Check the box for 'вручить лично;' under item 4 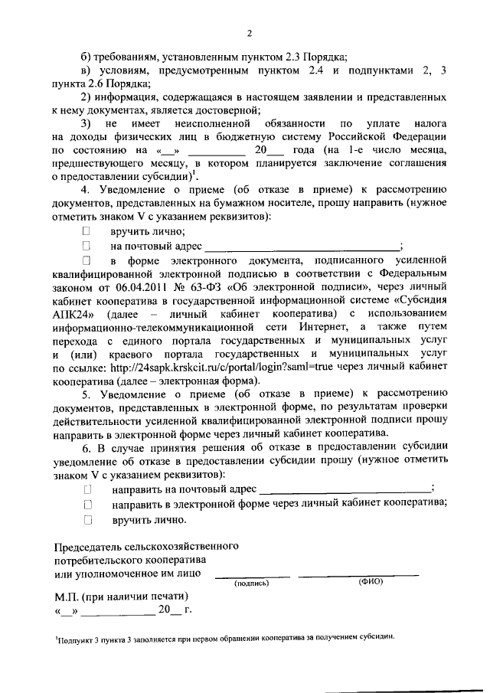(87, 230)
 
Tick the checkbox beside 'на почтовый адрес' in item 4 (87, 246)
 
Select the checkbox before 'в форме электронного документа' (87, 262)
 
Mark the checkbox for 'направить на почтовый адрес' (88, 489)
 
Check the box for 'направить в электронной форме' (88, 504)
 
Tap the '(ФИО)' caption (370, 582)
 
